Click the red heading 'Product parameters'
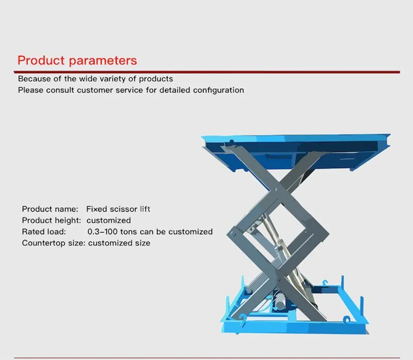(77, 60)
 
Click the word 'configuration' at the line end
(218, 90)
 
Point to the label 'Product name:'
(50, 209)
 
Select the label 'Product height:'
(51, 221)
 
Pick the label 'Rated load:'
(44, 232)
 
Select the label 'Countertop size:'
(54, 243)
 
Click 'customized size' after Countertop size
(119, 243)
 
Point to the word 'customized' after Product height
(108, 221)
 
